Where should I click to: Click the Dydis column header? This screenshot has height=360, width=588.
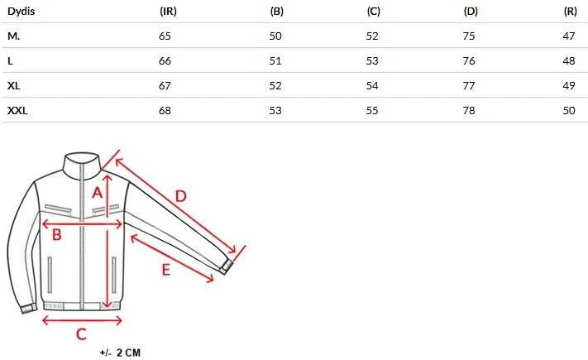(21, 12)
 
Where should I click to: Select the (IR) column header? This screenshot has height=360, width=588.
(168, 12)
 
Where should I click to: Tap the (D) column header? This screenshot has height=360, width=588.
(471, 12)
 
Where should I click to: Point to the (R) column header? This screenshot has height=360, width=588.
(571, 12)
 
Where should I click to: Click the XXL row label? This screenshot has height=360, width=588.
(17, 110)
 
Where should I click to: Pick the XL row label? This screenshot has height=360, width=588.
(14, 85)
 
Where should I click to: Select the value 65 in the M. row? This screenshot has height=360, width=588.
(165, 36)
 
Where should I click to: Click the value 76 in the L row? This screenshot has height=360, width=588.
(469, 60)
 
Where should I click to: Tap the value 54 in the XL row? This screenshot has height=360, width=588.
(372, 85)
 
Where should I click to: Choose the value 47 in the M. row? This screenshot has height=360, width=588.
(569, 36)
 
